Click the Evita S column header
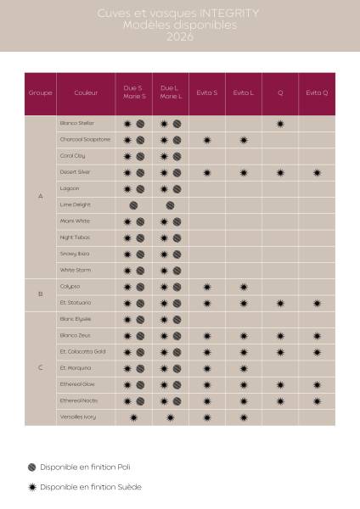(x=207, y=92)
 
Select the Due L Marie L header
(x=171, y=92)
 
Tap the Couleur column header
(x=86, y=92)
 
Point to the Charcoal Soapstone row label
(x=85, y=140)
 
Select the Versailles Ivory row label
(x=77, y=417)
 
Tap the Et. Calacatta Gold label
(x=82, y=352)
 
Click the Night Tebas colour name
(x=76, y=238)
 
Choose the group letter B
(x=41, y=294)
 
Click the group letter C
(x=41, y=368)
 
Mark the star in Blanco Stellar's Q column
(x=280, y=124)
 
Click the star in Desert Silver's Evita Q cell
(x=317, y=173)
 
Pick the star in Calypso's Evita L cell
(x=244, y=287)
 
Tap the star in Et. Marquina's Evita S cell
(x=207, y=368)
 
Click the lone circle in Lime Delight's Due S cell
(x=134, y=205)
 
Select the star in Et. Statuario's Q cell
(x=280, y=303)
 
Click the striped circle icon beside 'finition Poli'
(x=32, y=467)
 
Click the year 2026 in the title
(x=179, y=37)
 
